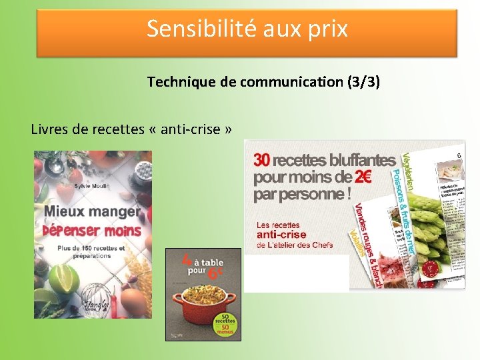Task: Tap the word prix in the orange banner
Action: [326, 29]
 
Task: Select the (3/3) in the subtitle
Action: [361, 82]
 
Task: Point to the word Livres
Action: [50, 129]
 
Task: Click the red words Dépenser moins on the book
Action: [92, 231]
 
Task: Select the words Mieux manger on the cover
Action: [92, 212]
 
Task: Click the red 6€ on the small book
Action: [215, 272]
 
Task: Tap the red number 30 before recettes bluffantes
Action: [261, 160]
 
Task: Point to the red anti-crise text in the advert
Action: [281, 235]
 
